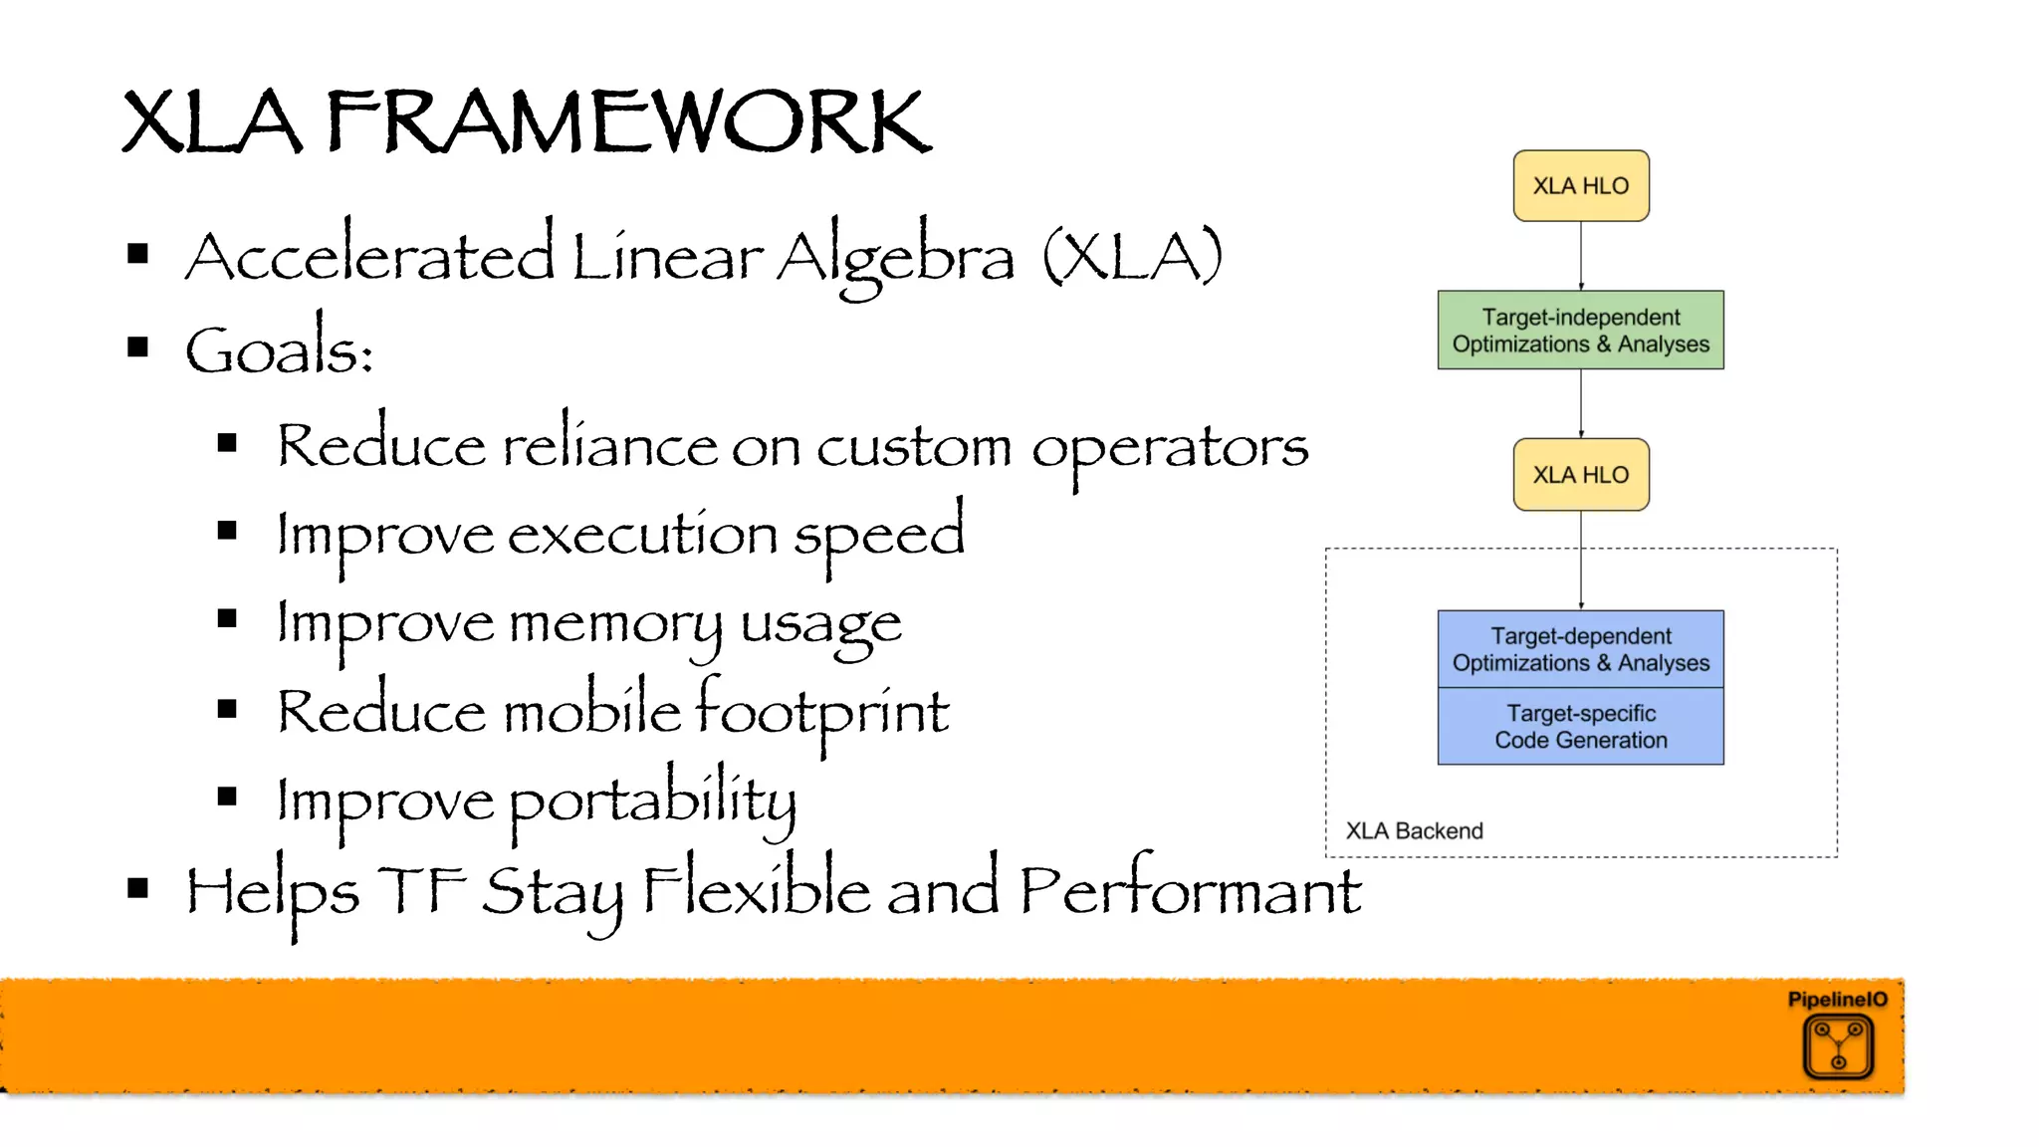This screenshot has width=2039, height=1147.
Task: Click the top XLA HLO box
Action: (x=1580, y=186)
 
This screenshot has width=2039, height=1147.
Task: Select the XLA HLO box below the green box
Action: (x=1580, y=475)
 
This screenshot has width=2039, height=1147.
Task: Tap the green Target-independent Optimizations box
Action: (x=1580, y=331)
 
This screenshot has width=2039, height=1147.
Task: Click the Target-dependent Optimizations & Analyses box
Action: (x=1580, y=649)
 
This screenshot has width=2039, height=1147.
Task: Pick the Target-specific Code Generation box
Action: (x=1580, y=727)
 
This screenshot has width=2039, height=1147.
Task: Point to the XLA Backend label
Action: (x=1414, y=831)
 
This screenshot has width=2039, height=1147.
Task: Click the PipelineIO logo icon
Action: (x=1838, y=1046)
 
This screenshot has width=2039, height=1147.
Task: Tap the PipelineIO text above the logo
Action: (x=1837, y=1000)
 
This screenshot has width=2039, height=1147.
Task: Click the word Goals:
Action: (x=279, y=350)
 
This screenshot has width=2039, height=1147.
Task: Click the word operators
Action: (x=1170, y=448)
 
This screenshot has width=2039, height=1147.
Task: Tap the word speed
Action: (x=879, y=536)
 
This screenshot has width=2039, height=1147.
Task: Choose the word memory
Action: (x=615, y=625)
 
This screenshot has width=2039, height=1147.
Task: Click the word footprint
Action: (x=821, y=712)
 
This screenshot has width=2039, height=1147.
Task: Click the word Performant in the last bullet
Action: (x=1190, y=891)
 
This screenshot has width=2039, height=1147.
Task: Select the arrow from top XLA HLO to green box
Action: (x=1581, y=256)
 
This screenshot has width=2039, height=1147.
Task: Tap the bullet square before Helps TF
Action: (x=138, y=888)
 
